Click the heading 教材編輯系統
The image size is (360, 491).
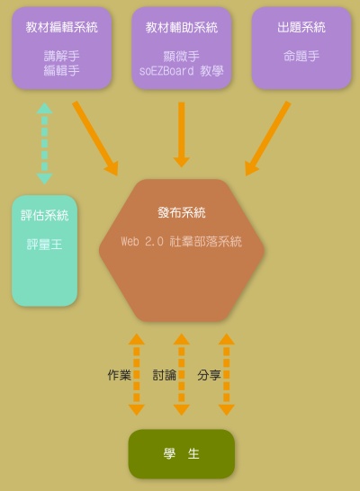tap(62, 27)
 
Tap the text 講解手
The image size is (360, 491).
tap(62, 57)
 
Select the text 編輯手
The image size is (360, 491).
tap(62, 70)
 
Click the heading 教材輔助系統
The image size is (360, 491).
tap(182, 27)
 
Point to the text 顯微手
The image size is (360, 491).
tap(182, 57)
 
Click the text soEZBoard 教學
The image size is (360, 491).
tap(182, 71)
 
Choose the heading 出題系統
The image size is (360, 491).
tap(301, 27)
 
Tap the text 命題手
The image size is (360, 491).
tap(301, 57)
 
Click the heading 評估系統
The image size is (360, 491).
tap(44, 216)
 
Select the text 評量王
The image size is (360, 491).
tap(44, 245)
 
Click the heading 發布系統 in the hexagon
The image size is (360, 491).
tap(182, 212)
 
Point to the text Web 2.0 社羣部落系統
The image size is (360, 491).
tap(182, 242)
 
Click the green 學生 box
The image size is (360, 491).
tap(182, 454)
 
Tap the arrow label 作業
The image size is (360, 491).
tap(119, 375)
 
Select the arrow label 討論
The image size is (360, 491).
tap(164, 375)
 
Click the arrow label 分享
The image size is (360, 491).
tap(209, 375)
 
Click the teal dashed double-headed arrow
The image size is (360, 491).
tap(44, 143)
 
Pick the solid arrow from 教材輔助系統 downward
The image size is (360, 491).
tap(182, 135)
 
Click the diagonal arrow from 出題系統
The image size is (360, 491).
tap(268, 138)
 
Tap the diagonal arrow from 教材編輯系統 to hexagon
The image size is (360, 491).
tap(95, 138)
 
